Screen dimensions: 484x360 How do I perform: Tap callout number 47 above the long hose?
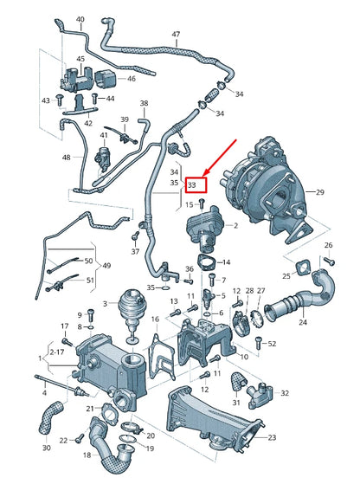click(176, 35)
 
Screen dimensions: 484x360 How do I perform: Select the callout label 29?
click(344, 191)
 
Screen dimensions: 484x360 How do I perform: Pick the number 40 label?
click(80, 19)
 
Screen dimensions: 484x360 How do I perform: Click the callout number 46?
click(132, 79)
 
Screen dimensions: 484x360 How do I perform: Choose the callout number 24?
click(303, 322)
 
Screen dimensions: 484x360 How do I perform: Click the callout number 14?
click(227, 261)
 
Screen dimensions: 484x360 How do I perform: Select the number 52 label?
click(272, 344)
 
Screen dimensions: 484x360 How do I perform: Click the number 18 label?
click(87, 455)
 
